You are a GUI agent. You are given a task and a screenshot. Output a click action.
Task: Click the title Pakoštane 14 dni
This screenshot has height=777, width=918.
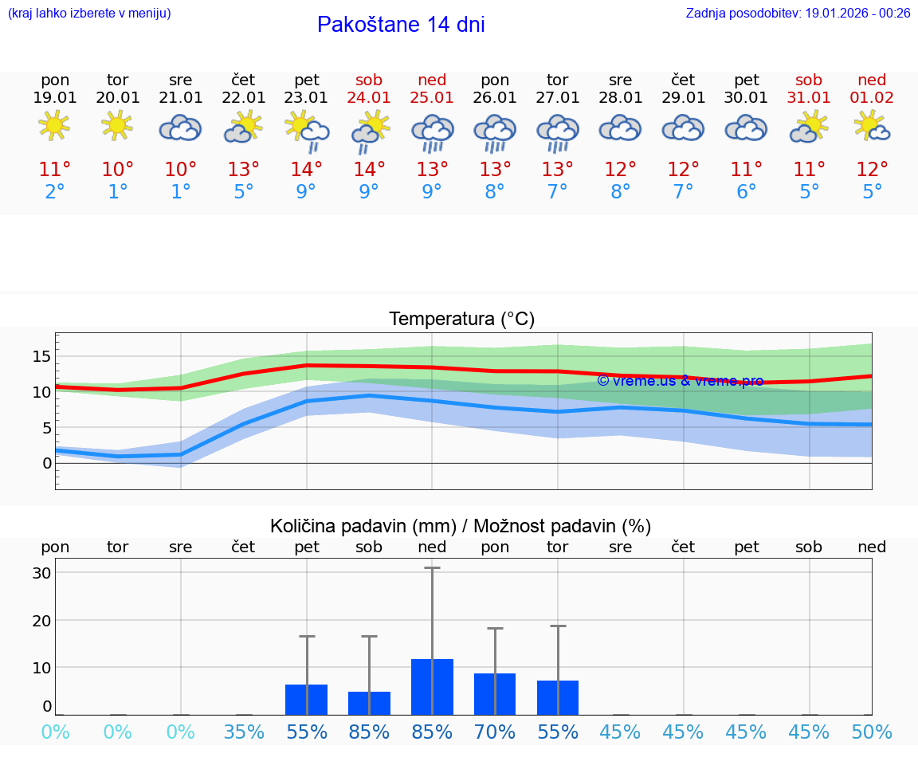tap(401, 25)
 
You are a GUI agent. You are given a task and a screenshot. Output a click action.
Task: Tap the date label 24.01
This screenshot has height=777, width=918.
tap(369, 98)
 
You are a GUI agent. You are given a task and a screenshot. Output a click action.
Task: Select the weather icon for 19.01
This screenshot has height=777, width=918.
tap(55, 127)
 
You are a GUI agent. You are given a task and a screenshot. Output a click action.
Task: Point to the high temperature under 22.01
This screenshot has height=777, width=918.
tap(244, 170)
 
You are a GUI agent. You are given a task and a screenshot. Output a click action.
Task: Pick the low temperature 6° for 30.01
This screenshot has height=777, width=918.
tap(747, 192)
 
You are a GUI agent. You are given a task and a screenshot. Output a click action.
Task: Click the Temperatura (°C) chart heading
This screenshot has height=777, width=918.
tap(461, 320)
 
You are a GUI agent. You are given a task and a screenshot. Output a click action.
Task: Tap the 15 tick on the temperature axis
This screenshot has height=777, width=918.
tap(41, 356)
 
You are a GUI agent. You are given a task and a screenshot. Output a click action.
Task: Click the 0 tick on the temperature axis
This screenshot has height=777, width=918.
tap(47, 463)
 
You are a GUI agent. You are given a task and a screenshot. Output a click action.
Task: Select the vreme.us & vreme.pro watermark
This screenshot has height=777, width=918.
tap(680, 381)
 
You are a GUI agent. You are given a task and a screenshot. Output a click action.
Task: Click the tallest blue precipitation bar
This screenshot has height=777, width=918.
tap(432, 686)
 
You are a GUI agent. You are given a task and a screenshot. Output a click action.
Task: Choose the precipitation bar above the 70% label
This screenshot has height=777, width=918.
tap(495, 693)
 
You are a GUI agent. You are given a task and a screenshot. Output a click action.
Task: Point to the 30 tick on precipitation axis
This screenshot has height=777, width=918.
tap(41, 573)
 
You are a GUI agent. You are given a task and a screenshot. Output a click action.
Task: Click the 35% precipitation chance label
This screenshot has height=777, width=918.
tap(244, 732)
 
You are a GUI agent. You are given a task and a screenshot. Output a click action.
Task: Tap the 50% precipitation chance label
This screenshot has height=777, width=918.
tap(872, 732)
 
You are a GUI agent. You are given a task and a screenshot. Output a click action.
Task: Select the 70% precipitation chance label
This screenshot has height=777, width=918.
tap(495, 732)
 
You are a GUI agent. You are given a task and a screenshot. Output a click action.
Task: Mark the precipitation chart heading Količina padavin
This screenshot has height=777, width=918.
tap(461, 526)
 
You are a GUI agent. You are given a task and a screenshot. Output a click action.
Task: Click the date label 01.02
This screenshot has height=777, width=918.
tap(872, 98)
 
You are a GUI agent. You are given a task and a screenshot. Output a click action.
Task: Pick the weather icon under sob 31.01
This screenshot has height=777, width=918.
tap(809, 127)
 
